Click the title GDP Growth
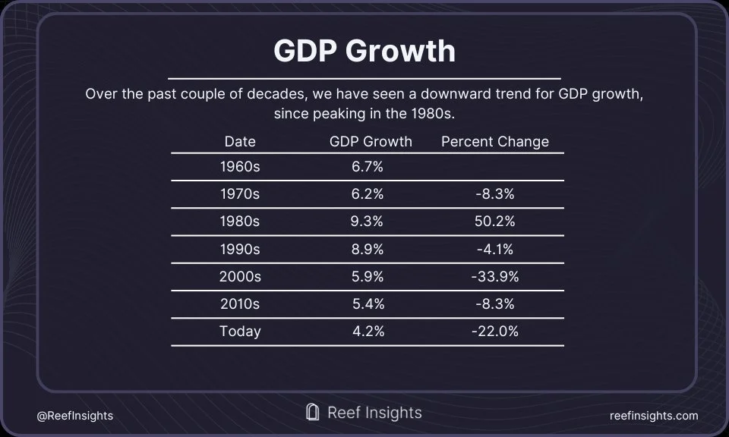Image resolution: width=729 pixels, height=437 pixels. (364, 51)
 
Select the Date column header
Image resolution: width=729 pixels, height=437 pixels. (240, 141)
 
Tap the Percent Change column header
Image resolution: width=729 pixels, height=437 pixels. (494, 141)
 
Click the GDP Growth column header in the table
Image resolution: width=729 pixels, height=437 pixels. (371, 141)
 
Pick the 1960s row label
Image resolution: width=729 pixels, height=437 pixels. (240, 167)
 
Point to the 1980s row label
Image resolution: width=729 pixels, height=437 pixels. (240, 222)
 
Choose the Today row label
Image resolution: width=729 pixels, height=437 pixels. (240, 331)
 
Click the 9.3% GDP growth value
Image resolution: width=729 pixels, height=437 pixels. (368, 222)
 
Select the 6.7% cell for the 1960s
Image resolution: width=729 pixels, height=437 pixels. (368, 167)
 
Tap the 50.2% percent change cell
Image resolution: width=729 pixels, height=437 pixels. (494, 222)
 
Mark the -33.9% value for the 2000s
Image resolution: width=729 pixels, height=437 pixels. (494, 276)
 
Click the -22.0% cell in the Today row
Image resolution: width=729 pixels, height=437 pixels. (494, 331)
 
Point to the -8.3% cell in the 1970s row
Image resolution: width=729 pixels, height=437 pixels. (494, 194)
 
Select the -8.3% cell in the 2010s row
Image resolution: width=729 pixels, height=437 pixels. (494, 303)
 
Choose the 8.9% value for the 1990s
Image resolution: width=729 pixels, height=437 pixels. (368, 249)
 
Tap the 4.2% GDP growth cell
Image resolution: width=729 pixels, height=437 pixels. (368, 331)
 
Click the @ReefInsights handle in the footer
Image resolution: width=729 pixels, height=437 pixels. (74, 416)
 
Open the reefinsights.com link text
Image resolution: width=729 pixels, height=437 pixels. (654, 416)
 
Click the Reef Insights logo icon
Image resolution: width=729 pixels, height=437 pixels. (311, 412)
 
